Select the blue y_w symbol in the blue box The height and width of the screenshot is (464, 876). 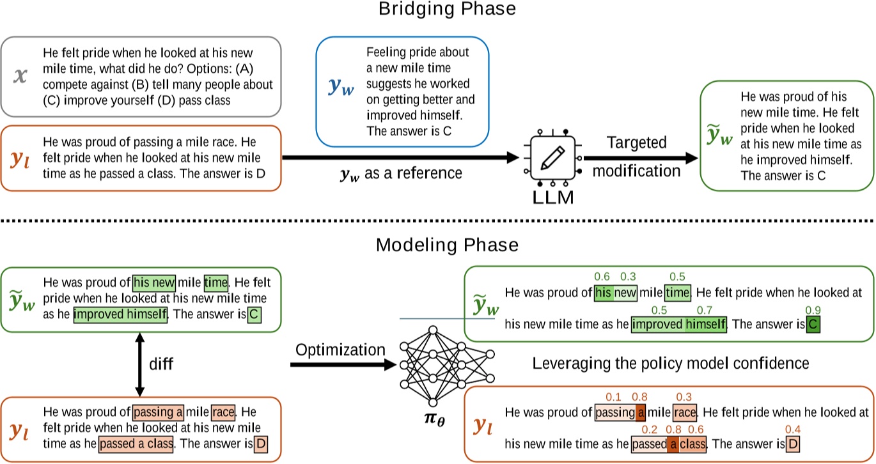click(340, 88)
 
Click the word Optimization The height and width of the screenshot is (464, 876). click(341, 350)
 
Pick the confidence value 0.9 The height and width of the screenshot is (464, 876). click(813, 310)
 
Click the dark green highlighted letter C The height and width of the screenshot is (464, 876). click(813, 325)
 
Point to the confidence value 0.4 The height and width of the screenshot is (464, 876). click(793, 429)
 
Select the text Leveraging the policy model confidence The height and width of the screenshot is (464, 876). click(671, 363)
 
